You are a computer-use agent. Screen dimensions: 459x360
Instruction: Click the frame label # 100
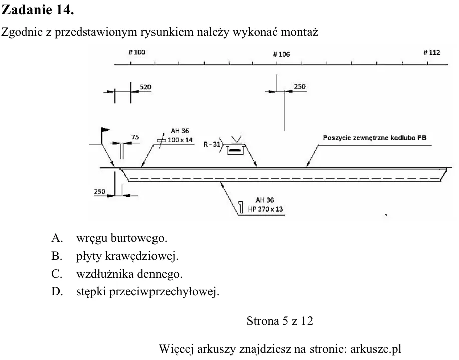click(137, 52)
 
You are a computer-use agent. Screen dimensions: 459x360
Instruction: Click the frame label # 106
click(281, 54)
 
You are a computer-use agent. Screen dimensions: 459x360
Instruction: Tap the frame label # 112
click(432, 52)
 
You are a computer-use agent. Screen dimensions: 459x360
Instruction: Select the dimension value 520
click(145, 87)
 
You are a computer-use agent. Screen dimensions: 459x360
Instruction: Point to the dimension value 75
click(135, 137)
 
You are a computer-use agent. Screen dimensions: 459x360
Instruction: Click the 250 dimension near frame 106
click(300, 86)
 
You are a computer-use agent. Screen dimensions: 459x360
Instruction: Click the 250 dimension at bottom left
click(99, 192)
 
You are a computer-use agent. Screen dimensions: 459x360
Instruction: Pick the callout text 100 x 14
click(180, 140)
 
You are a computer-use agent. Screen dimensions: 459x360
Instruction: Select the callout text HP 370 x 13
click(265, 209)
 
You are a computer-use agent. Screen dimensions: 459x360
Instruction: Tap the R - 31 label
click(212, 144)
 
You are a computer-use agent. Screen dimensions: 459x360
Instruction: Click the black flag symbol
click(105, 130)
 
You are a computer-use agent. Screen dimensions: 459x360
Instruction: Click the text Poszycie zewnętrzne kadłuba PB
click(375, 138)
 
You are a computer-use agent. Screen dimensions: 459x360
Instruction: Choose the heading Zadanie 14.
click(38, 10)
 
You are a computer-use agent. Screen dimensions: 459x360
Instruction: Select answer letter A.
click(57, 238)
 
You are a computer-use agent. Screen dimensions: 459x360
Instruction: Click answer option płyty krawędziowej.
click(127, 256)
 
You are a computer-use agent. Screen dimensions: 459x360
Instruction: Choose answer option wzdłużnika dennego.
click(129, 274)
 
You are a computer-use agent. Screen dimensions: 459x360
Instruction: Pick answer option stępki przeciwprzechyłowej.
click(148, 292)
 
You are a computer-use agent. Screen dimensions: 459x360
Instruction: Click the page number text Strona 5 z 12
click(279, 321)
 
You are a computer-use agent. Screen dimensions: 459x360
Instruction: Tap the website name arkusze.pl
click(376, 349)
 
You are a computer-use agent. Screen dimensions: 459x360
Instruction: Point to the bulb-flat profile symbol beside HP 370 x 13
click(241, 207)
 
